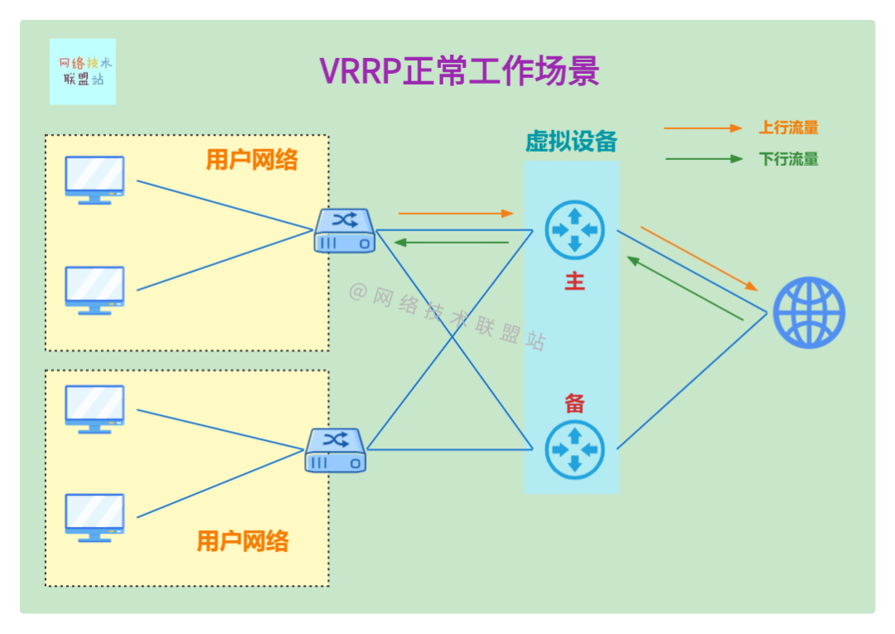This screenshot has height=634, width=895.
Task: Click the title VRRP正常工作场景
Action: point(459,71)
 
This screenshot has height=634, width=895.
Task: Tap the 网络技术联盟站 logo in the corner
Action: point(83,71)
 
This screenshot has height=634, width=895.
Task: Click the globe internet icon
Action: point(809,312)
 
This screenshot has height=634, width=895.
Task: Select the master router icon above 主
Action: point(574,230)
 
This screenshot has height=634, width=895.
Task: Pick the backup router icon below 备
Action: point(574,449)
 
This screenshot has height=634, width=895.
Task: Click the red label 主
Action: point(574,282)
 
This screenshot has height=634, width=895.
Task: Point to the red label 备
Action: point(574,404)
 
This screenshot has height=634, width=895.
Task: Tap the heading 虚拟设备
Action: point(571,142)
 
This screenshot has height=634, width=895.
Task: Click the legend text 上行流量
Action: point(788,128)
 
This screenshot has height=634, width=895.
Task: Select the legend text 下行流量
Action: point(788,159)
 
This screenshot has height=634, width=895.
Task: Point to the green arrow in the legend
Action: point(704,158)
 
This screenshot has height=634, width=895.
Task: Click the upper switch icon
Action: point(344,230)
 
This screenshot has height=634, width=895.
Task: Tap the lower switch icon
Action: point(335,450)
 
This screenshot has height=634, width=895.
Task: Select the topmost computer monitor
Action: point(94,180)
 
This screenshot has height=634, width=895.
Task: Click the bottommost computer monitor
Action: point(94,518)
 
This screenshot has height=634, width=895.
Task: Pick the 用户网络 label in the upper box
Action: point(252,160)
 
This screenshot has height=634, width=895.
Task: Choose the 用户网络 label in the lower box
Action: point(243,541)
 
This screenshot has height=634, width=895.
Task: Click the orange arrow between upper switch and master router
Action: point(456,213)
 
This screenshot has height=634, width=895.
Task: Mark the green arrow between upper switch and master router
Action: point(452,242)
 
